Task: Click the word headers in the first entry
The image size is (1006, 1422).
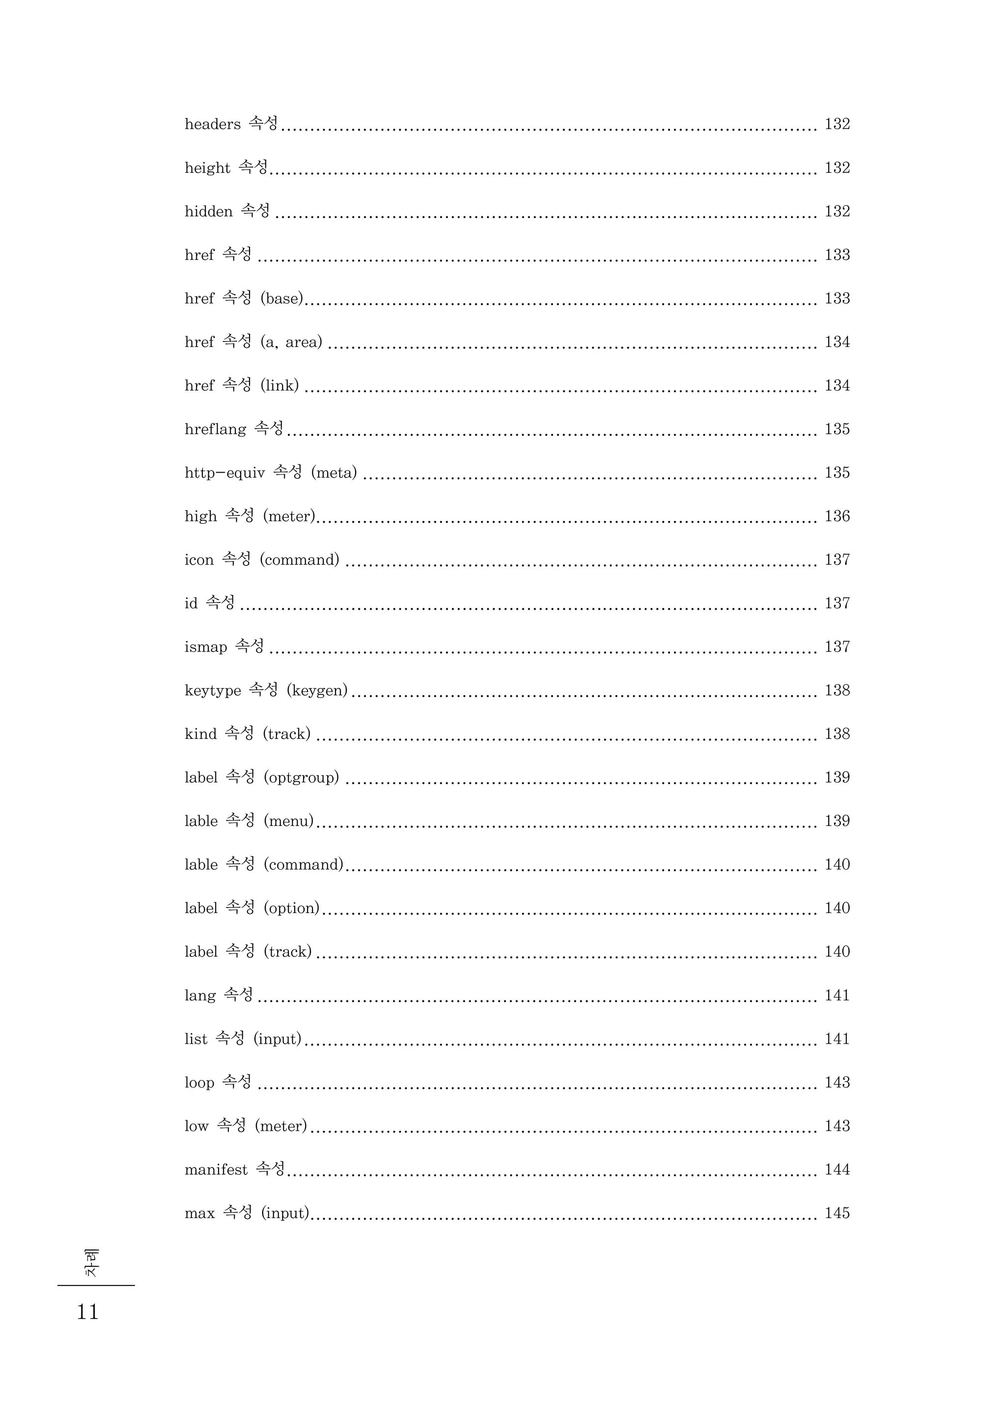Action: click(213, 124)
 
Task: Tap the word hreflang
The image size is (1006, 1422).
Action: click(215, 429)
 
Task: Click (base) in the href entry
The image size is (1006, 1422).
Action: click(282, 299)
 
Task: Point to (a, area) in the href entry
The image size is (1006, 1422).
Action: click(291, 342)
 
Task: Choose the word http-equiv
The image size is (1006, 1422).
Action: click(224, 473)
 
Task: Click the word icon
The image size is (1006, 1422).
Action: click(199, 560)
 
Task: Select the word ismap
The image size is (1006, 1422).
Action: click(206, 647)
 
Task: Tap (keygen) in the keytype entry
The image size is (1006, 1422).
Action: click(317, 690)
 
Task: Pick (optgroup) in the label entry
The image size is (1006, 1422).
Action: click(301, 778)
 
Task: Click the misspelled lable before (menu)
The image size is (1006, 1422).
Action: click(201, 821)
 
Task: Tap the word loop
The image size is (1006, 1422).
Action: click(199, 1083)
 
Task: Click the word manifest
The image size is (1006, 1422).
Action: click(216, 1170)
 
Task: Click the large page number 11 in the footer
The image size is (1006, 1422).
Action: click(87, 1312)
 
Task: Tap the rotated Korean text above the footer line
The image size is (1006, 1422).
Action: click(90, 1263)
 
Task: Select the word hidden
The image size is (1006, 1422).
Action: click(208, 211)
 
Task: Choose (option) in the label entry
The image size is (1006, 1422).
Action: click(291, 909)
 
